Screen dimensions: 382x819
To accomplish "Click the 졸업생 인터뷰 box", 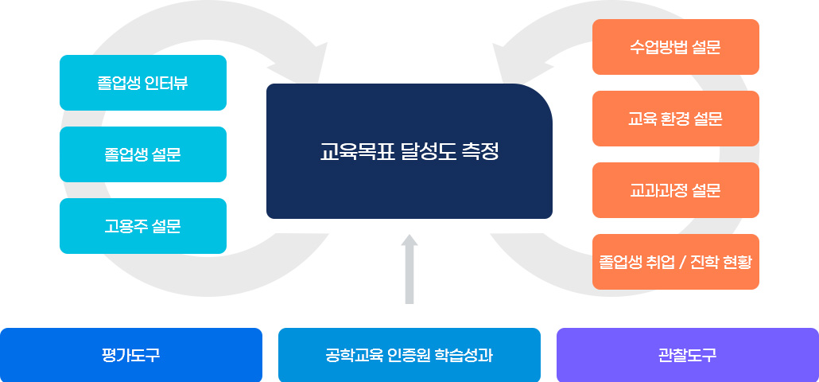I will click(x=143, y=83).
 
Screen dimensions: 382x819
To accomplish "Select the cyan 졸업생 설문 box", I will click(x=143, y=154).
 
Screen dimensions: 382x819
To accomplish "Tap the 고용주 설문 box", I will click(x=143, y=226).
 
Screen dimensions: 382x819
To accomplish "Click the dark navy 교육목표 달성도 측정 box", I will click(x=409, y=151).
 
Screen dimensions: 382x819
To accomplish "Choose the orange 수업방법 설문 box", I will click(x=676, y=47).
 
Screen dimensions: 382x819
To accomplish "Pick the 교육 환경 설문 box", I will click(x=676, y=119).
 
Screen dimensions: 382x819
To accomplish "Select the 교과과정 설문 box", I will click(x=676, y=190).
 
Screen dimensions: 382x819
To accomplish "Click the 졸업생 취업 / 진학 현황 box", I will click(x=676, y=262).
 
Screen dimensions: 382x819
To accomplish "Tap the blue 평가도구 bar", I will click(x=131, y=355).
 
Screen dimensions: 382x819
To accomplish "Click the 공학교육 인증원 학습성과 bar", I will click(x=409, y=355).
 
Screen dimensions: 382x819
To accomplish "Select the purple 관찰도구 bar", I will click(x=688, y=355).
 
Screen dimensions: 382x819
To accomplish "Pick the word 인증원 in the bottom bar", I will click(x=409, y=355).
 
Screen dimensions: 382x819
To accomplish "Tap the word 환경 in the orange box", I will click(x=675, y=119).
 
